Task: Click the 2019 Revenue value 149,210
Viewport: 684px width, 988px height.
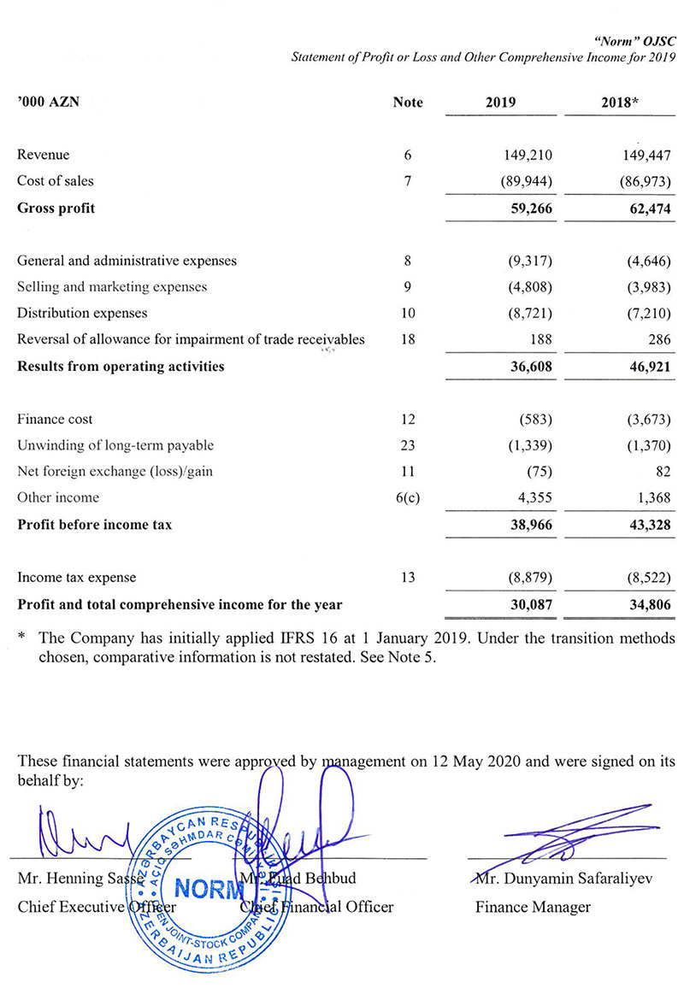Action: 524,156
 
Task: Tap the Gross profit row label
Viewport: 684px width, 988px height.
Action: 56,208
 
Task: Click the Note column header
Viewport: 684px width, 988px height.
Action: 408,103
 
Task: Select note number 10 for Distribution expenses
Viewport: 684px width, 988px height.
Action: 408,314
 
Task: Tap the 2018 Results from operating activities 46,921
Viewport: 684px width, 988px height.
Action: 644,367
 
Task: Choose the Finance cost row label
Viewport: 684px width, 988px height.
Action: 56,420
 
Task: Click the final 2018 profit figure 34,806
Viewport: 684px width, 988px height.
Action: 644,605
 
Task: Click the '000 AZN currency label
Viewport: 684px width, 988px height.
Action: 48,103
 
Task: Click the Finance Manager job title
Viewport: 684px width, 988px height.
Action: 533,907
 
